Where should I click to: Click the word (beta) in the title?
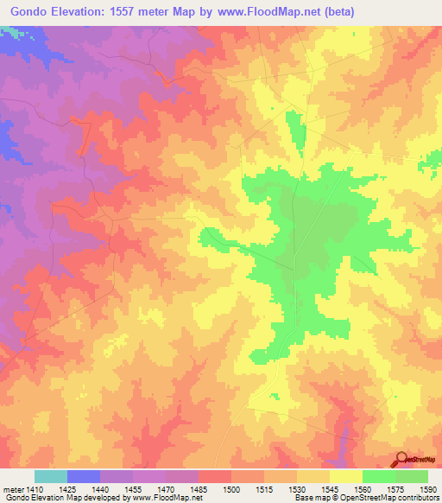click(333, 11)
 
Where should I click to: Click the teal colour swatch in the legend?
click(51, 476)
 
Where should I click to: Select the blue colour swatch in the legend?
click(84, 476)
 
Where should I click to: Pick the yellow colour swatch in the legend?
click(346, 476)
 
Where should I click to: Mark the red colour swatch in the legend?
click(215, 476)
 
